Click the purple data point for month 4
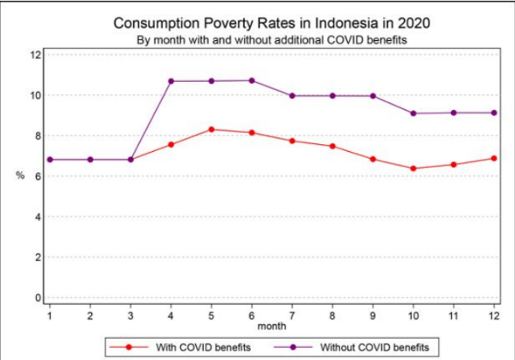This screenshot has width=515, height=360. point(171,81)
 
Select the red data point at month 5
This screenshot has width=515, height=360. point(211,130)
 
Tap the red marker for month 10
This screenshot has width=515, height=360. point(414,168)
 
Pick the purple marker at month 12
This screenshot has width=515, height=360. point(495,113)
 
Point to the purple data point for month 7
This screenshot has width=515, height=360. point(292,96)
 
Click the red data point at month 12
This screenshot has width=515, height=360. point(495,158)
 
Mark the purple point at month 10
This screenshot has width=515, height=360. point(414,113)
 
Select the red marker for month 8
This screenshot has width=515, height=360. point(333,146)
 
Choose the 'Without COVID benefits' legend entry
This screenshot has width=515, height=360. point(367,347)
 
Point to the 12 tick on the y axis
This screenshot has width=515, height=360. point(36,55)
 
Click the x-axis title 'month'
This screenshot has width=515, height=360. point(272,326)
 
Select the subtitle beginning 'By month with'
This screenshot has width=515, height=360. point(271,39)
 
